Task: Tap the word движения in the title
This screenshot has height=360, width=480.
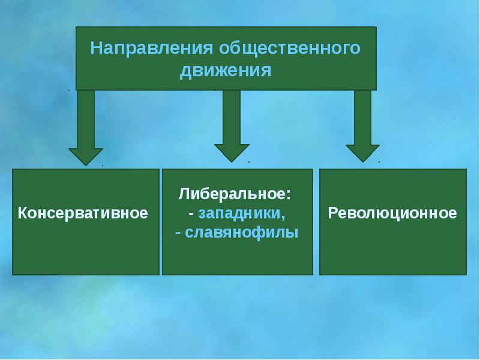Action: point(226,71)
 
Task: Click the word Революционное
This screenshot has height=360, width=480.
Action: point(392,213)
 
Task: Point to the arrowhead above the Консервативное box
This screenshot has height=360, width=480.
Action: point(86,155)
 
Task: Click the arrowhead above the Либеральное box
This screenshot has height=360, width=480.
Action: point(232,152)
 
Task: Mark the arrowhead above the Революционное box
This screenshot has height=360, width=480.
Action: point(362,152)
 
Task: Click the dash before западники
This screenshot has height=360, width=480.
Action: point(190,214)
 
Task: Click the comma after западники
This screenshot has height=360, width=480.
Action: point(284,217)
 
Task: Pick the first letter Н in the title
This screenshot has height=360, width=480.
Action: point(95,48)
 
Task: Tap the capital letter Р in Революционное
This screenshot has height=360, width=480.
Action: point(332,213)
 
